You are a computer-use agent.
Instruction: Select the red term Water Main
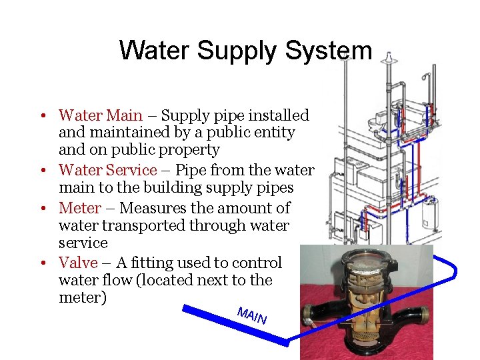tap(100, 115)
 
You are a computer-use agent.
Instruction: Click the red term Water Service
tap(107, 171)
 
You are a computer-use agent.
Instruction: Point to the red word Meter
tap(80, 208)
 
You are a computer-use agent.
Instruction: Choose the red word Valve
tap(78, 263)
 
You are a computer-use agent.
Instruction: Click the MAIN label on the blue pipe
tap(252, 316)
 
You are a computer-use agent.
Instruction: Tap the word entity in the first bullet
tap(273, 133)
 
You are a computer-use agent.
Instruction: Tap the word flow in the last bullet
tap(117, 280)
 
